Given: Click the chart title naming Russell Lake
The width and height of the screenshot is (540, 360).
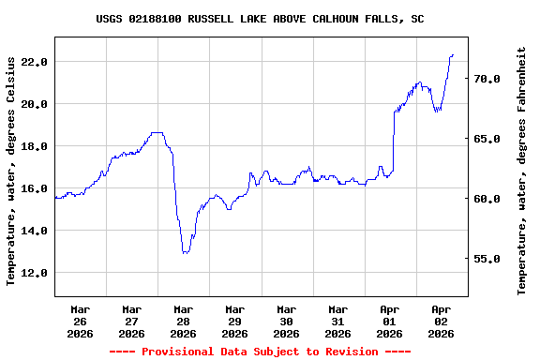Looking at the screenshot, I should coord(260,19).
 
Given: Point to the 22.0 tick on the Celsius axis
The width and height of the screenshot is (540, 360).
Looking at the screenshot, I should coord(34,62).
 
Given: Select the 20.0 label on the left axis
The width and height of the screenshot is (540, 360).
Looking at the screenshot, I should coord(34,104).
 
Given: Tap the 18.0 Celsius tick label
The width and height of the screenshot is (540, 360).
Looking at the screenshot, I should coord(34,146).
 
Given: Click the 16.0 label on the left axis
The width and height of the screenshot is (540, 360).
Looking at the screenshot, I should coord(34,188).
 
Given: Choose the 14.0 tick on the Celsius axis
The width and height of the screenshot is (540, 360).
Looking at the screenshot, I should coord(34,231).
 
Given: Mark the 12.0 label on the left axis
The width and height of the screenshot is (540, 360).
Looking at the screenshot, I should coord(34,273).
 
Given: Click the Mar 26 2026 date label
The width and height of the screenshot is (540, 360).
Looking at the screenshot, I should coord(80,321).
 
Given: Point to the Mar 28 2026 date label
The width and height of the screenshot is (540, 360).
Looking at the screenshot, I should coord(183,321).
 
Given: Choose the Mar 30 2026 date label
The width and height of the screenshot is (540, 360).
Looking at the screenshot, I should coord(286,321).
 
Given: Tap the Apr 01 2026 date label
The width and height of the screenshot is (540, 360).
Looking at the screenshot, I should coord(389,321).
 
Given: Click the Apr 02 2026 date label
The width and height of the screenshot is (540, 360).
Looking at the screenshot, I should coord(441,321).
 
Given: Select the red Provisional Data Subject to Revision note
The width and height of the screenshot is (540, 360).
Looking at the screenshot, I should coord(260,352).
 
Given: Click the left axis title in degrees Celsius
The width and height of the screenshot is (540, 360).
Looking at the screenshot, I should coord(11,170).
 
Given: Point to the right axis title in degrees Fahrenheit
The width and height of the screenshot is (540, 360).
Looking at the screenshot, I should coord(522,170).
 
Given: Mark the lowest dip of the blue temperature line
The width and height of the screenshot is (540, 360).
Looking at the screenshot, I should coord(185,252).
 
